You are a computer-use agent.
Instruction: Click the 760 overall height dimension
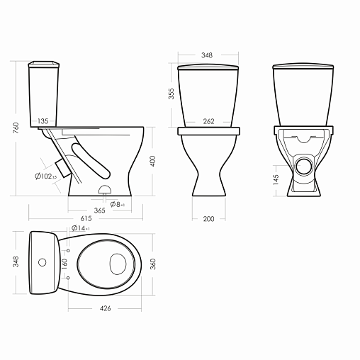point(16,128)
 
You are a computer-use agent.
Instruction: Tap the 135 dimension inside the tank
point(43,121)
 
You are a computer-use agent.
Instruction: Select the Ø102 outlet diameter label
point(45,176)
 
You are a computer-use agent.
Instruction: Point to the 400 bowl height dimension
point(153,161)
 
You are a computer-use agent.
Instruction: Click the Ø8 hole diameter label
point(117,204)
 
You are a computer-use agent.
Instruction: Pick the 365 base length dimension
point(99,210)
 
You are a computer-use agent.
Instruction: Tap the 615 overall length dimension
point(86,218)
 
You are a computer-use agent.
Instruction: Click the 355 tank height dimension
point(171,94)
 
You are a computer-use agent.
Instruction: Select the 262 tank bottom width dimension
point(208,121)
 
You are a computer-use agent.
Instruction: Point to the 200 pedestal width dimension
point(208,219)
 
